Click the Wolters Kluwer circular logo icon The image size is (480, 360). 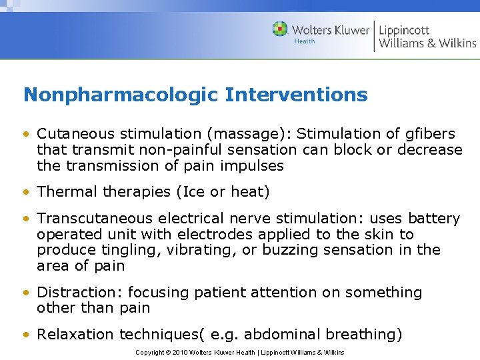coord(280,29)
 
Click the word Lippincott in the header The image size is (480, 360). coord(404,30)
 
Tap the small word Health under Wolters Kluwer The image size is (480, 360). coord(304,41)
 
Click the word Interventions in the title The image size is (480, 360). coord(296,95)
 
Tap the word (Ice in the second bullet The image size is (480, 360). coord(191,192)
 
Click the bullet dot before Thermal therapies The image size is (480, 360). coord(27,193)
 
